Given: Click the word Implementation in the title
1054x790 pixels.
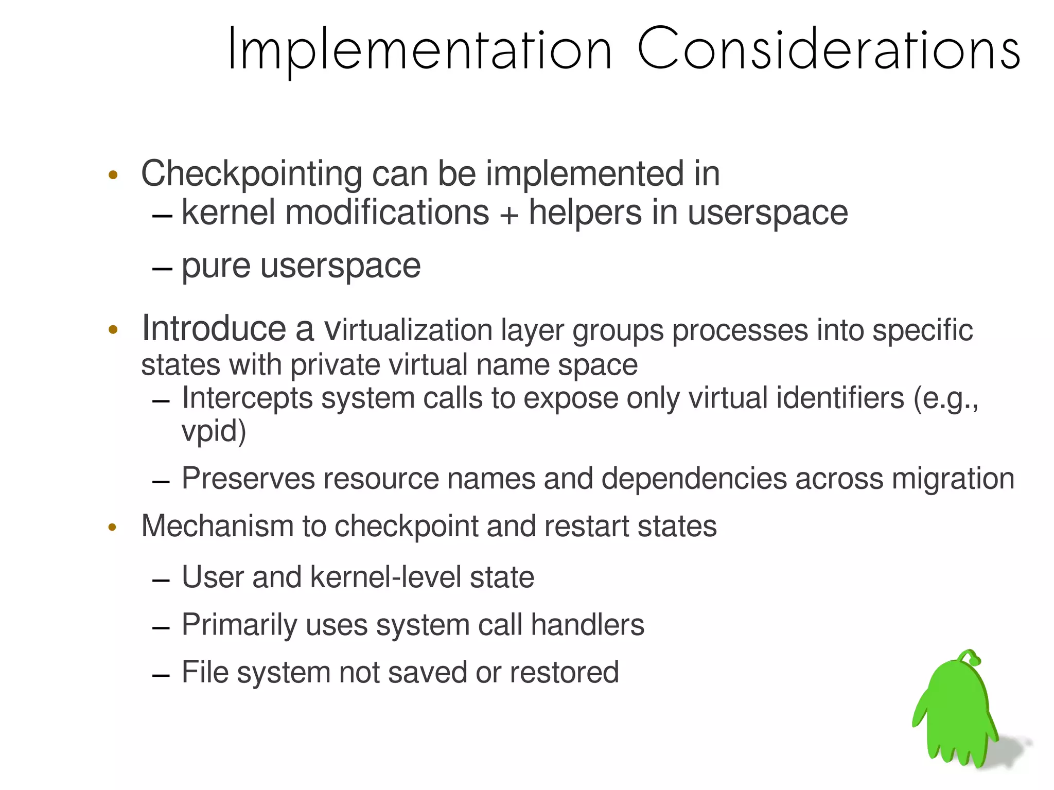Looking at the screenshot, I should coord(419,49).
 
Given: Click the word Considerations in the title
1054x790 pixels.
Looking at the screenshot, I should coord(829,49).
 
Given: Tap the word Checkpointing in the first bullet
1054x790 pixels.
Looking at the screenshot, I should coord(251,174).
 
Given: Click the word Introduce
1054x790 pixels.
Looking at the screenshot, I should coord(214,328).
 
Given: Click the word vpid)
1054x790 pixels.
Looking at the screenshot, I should coord(214,431).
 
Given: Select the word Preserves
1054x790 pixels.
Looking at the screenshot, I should coord(248,479).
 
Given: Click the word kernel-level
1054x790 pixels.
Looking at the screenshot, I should coord(385,577).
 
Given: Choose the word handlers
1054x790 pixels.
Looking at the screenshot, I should coord(587,625).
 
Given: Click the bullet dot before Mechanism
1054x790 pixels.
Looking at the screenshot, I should coord(113,527).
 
